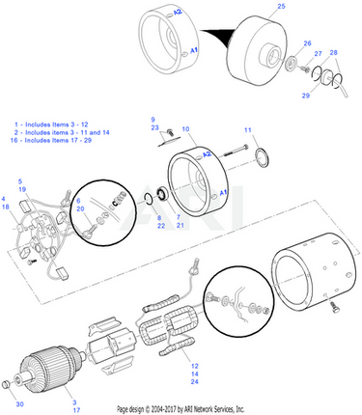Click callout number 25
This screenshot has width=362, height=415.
281,6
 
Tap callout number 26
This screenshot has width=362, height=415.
307,43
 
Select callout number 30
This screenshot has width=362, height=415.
20,404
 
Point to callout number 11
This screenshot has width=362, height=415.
247,130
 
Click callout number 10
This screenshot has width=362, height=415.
185,129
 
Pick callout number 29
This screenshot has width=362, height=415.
306,96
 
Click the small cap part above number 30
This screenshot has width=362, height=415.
7,384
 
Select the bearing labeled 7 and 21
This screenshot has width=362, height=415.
162,195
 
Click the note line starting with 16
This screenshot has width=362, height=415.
51,140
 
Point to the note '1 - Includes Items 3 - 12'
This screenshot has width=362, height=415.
51,124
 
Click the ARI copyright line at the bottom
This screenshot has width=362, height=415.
181,409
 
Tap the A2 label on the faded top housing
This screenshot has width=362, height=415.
178,12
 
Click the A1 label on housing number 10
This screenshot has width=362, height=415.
224,193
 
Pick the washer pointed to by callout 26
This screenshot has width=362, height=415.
292,62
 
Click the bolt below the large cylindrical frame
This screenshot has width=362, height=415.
335,308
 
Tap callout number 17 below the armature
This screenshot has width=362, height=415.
76,410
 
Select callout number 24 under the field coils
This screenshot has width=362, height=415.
194,382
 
